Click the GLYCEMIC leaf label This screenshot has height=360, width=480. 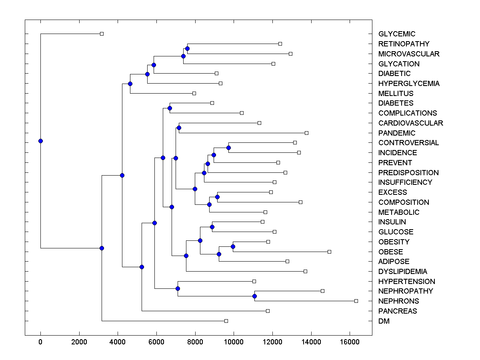click(397, 34)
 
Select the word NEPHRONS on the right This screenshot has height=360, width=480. click(398, 301)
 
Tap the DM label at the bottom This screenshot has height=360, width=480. click(384, 321)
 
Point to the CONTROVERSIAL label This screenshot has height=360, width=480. click(408, 143)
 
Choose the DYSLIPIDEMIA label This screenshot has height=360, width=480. click(402, 272)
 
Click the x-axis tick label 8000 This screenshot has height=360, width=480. click(195, 342)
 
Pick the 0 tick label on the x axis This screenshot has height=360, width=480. click(40, 342)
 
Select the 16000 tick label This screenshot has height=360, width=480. click(350, 342)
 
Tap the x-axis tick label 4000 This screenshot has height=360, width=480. click(118, 342)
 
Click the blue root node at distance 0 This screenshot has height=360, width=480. click(40, 141)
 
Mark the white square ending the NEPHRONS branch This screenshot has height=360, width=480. click(356, 301)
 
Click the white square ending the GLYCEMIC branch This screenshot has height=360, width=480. click(102, 34)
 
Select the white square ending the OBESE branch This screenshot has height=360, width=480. click(329, 252)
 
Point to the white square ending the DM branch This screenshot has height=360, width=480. click(226, 321)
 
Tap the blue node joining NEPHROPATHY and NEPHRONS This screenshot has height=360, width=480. click(254, 296)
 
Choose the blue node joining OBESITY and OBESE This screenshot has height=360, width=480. click(233, 246)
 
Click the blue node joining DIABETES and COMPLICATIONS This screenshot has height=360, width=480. click(170, 108)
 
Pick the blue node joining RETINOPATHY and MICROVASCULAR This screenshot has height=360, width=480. click(187, 48)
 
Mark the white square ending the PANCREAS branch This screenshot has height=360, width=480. click(268, 311)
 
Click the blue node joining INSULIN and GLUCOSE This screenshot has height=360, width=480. click(212, 227)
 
